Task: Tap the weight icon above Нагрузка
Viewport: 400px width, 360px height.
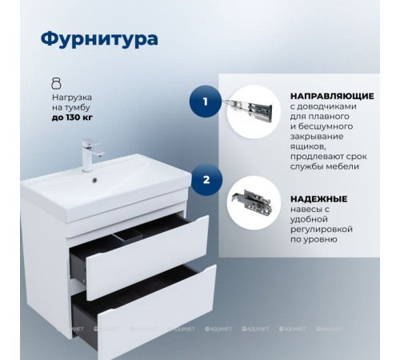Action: click(56, 82)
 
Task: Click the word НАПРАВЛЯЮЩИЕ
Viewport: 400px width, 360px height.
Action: click(328, 94)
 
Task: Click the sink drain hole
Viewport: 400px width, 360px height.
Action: click(99, 180)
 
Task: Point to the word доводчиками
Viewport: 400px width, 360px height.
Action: click(326, 106)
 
